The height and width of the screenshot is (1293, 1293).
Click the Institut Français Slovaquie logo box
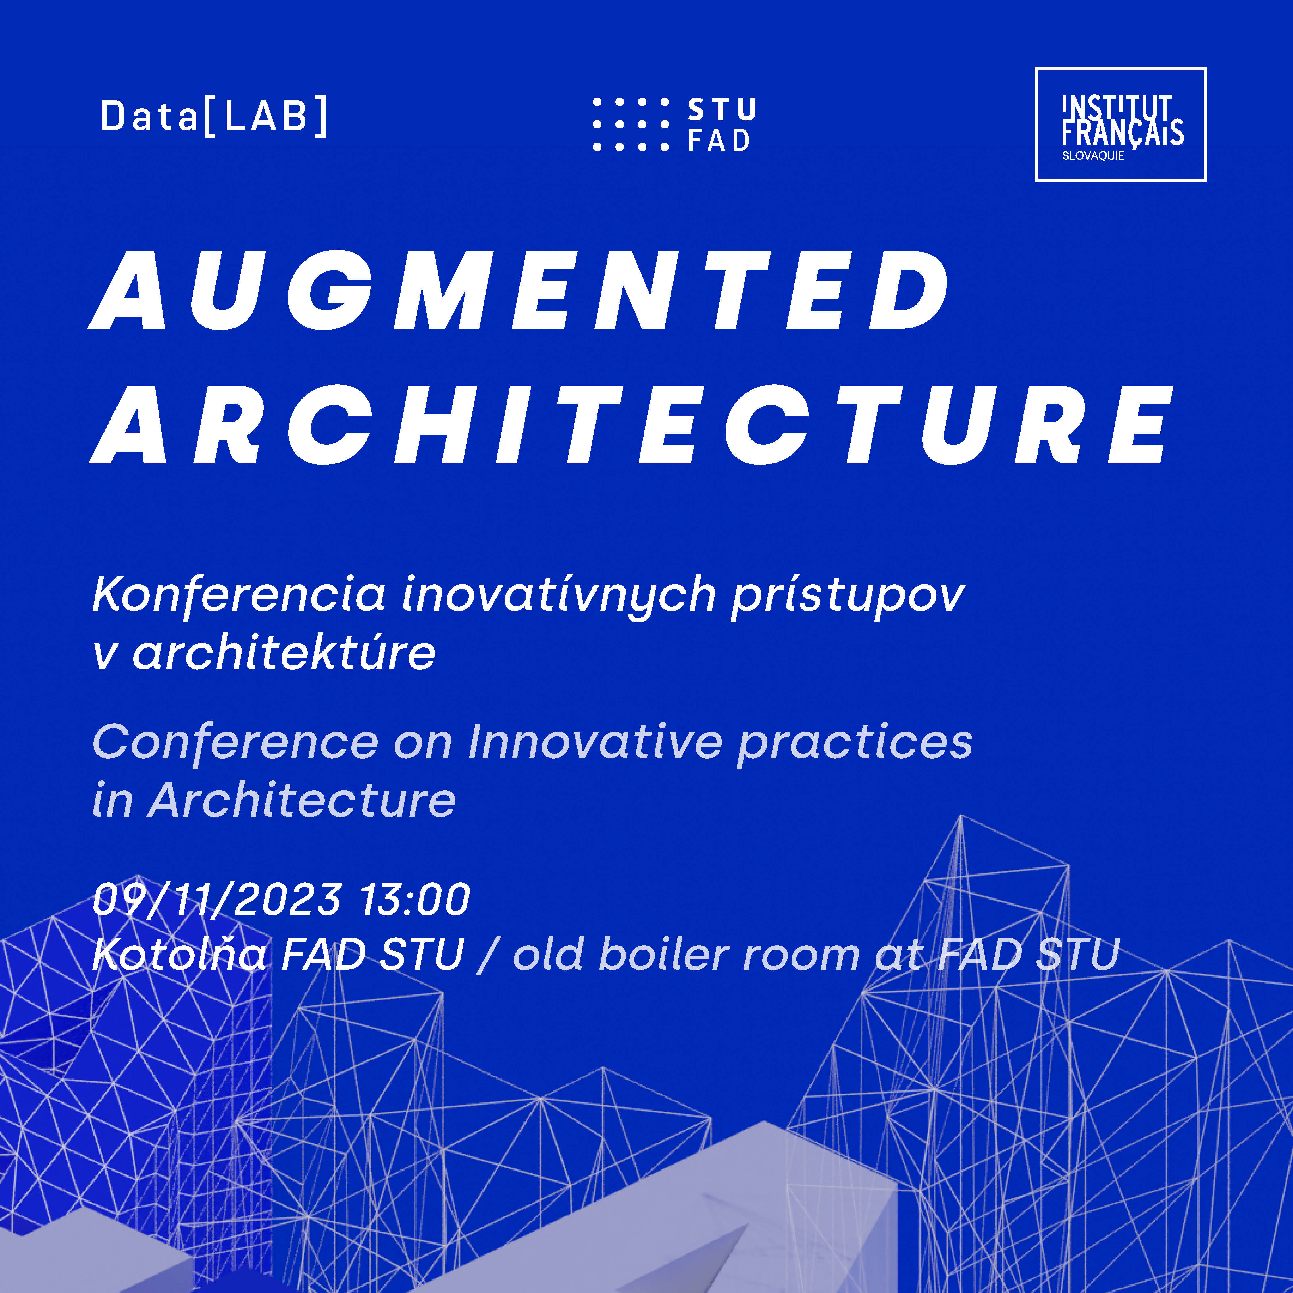[1120, 124]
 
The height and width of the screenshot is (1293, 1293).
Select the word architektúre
[284, 653]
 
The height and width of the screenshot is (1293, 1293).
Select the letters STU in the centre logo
[722, 109]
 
